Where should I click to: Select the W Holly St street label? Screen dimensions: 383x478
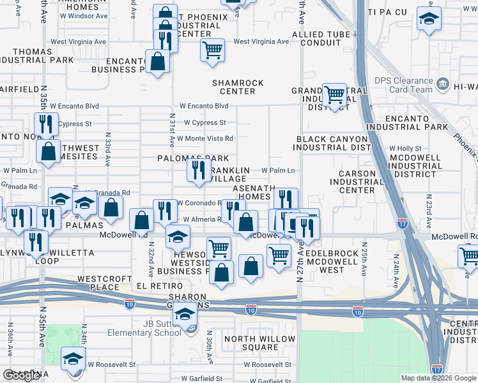pyautogui.click(x=403, y=148)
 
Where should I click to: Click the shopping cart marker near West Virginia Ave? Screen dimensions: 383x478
pyautogui.click(x=212, y=49)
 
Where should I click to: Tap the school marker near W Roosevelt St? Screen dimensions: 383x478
pyautogui.click(x=73, y=358)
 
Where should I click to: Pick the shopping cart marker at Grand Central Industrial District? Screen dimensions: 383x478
pyautogui.click(x=334, y=94)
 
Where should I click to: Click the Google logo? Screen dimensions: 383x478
pyautogui.click(x=21, y=375)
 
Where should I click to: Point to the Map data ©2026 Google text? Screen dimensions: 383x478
pyautogui.click(x=438, y=378)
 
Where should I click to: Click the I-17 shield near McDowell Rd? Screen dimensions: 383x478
pyautogui.click(x=402, y=223)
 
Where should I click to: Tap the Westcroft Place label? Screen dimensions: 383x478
pyautogui.click(x=100, y=283)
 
